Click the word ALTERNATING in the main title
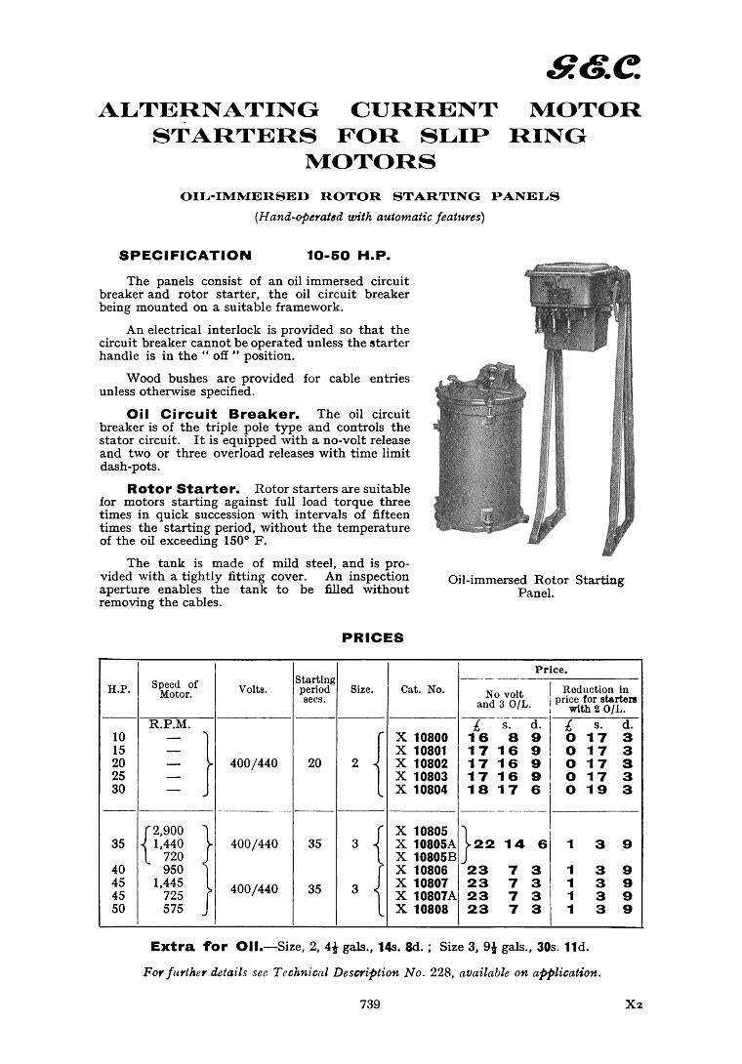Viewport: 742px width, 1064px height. point(209,109)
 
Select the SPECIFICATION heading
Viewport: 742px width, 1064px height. point(185,256)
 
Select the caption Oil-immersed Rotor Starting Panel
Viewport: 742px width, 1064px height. point(535,586)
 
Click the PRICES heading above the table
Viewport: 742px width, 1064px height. point(372,638)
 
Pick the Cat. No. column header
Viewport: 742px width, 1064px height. point(423,689)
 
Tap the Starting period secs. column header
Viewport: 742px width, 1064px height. point(314,689)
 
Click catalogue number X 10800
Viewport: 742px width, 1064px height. point(422,738)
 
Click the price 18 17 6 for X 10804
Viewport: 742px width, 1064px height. point(506,790)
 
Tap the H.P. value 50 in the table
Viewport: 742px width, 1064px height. point(119,909)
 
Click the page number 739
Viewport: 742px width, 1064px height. point(369,1003)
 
